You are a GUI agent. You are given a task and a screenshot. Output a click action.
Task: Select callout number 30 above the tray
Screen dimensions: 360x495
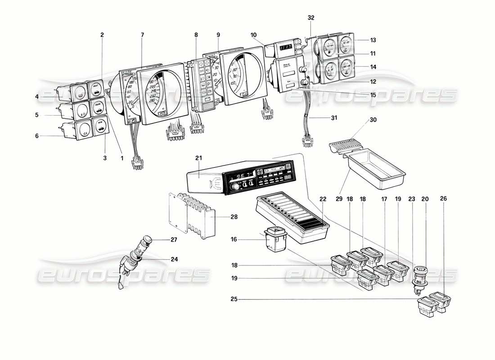[x=373, y=120]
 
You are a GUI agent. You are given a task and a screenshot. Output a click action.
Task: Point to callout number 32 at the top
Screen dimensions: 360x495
[x=311, y=18]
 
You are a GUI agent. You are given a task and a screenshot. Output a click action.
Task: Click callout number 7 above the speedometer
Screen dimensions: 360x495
[x=142, y=35]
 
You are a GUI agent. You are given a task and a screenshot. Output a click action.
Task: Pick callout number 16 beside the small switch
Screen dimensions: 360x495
[x=234, y=240]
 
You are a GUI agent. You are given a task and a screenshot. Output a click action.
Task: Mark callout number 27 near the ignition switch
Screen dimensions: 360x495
[x=174, y=240]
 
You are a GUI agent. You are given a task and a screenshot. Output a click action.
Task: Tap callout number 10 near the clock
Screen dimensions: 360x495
[x=254, y=35]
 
